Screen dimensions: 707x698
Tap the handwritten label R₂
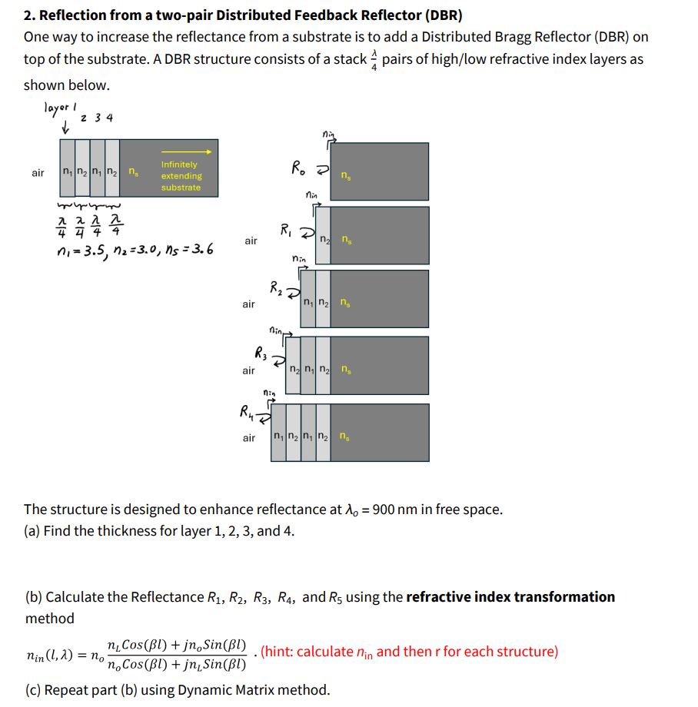point(275,289)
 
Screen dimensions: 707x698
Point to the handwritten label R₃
point(261,354)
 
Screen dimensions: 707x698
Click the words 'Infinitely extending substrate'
point(180,176)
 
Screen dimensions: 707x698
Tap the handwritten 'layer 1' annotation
point(61,109)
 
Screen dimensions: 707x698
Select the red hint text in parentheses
point(409,652)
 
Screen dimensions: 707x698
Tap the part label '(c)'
point(33,689)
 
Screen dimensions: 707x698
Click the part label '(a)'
point(33,531)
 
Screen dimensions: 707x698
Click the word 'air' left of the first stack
point(38,173)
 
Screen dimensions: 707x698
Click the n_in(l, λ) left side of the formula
point(53,656)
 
